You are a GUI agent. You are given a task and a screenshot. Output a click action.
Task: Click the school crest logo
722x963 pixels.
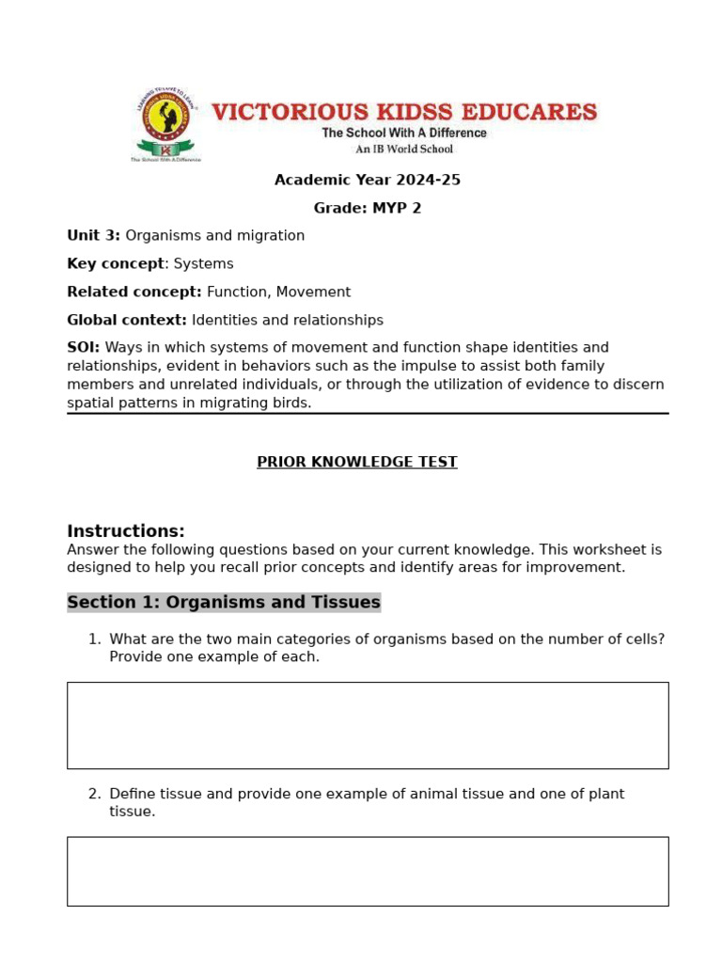pyautogui.click(x=165, y=124)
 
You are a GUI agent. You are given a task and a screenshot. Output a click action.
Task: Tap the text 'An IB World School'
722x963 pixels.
pyautogui.click(x=403, y=149)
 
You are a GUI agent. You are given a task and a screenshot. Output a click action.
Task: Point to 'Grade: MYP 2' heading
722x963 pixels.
pyautogui.click(x=367, y=208)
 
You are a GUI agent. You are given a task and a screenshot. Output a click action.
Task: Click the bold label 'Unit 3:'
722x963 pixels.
pyautogui.click(x=93, y=235)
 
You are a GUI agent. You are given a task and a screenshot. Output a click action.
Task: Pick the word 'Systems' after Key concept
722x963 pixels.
pyautogui.click(x=203, y=263)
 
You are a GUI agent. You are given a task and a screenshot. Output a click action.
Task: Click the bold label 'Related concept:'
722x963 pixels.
pyautogui.click(x=133, y=292)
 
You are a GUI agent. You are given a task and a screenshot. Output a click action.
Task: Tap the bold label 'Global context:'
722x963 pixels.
pyautogui.click(x=127, y=320)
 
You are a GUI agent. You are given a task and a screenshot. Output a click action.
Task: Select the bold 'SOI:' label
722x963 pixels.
pyautogui.click(x=83, y=347)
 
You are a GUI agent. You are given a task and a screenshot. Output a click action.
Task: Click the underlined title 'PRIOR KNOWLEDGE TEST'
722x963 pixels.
pyautogui.click(x=357, y=462)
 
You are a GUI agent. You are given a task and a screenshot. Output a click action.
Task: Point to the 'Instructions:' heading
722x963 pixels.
pyautogui.click(x=126, y=530)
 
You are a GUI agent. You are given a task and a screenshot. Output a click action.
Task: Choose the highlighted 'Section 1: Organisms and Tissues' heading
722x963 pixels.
pyautogui.click(x=224, y=602)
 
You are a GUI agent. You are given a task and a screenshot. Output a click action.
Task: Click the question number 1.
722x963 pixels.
pyautogui.click(x=93, y=639)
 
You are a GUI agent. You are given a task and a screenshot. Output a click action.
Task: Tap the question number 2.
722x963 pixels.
pyautogui.click(x=93, y=794)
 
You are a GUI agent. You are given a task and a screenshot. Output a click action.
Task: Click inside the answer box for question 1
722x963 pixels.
pyautogui.click(x=368, y=725)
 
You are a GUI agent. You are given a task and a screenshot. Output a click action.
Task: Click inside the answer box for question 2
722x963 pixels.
pyautogui.click(x=368, y=871)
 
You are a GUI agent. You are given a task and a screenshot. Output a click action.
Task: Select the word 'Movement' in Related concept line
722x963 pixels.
pyautogui.click(x=313, y=292)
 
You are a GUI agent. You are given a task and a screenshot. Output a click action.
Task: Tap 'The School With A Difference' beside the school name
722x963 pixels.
pyautogui.click(x=404, y=133)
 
